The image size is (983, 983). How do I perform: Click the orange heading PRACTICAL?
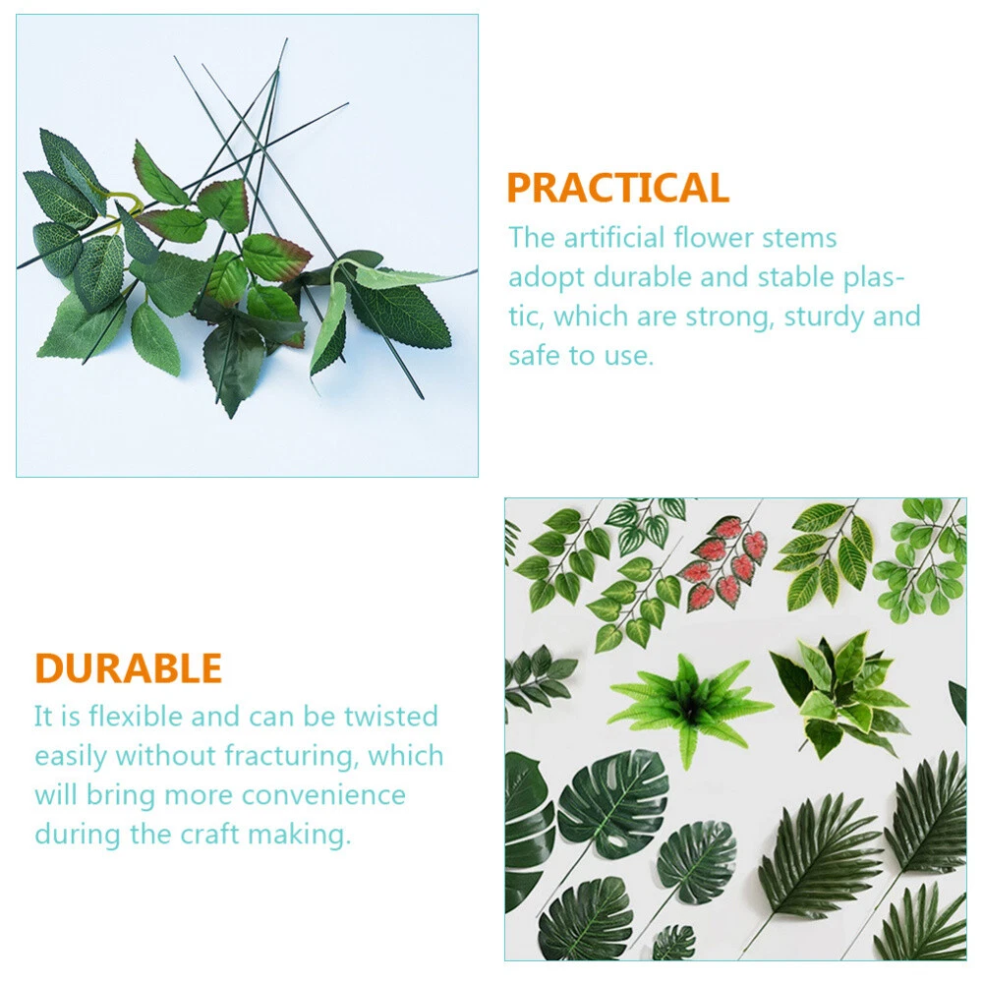(x=617, y=188)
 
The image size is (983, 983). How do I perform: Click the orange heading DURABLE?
(x=129, y=667)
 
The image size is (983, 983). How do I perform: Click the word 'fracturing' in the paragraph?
(x=292, y=757)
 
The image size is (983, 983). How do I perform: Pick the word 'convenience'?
(x=323, y=795)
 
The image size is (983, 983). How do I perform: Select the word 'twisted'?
(x=390, y=716)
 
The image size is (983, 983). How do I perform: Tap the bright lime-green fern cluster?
(x=690, y=705)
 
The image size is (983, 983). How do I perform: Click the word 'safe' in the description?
(x=535, y=356)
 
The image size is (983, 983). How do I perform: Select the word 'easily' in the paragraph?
(x=71, y=757)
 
